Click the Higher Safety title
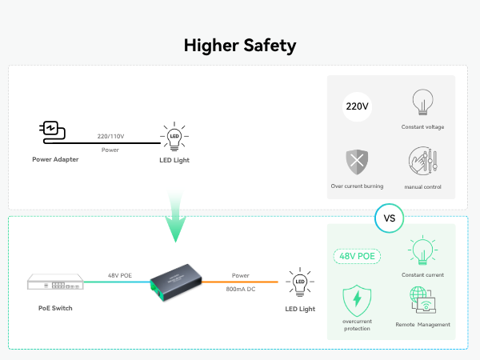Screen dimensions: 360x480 point(240,45)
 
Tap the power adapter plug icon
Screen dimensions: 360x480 point(50,131)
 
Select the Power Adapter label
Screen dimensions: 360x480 point(55,159)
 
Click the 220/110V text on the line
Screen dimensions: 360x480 point(110,136)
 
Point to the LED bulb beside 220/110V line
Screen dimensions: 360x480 point(173,136)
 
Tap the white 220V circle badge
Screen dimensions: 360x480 point(358,106)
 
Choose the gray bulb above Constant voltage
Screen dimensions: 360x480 point(422,103)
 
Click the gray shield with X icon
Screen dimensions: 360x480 point(357,162)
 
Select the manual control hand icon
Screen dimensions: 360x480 point(422,162)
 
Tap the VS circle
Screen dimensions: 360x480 point(390,217)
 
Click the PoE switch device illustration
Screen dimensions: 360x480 point(55,283)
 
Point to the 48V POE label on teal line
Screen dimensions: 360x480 point(120,275)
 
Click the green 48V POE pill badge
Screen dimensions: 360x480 point(356,257)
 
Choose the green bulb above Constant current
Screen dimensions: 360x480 point(422,250)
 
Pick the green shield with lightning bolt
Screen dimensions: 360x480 point(357,301)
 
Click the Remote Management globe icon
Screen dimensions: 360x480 point(422,302)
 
